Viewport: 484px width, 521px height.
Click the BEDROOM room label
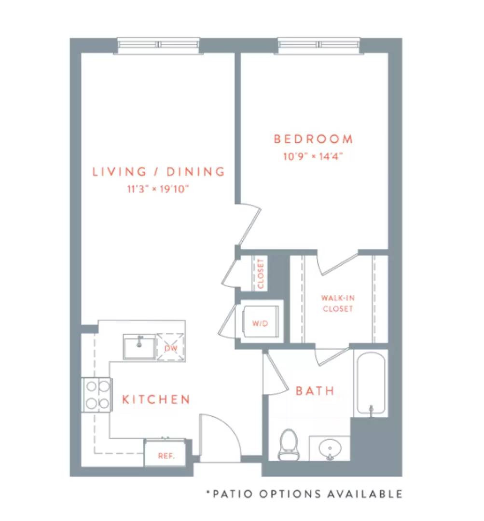pos(313,139)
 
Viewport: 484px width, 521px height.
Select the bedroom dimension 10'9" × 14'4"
pos(313,156)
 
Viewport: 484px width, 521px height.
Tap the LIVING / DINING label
pos(159,171)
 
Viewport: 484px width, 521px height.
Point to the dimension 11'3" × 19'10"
pos(158,189)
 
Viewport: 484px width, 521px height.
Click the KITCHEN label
pos(156,399)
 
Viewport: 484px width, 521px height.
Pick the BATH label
pos(315,391)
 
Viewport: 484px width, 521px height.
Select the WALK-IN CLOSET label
pos(338,303)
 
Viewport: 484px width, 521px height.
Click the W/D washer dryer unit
pos(260,322)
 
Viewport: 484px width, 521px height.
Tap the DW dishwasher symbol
pos(170,347)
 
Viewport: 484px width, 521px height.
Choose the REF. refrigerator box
pos(165,453)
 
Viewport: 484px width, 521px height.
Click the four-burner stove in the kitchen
pos(97,395)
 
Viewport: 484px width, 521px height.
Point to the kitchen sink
pos(139,346)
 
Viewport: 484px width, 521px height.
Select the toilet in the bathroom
pos(289,444)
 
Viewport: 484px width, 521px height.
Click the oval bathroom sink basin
pos(330,449)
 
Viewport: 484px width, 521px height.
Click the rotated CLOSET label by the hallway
pos(261,274)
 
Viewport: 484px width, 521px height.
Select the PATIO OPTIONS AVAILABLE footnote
pos(304,494)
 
